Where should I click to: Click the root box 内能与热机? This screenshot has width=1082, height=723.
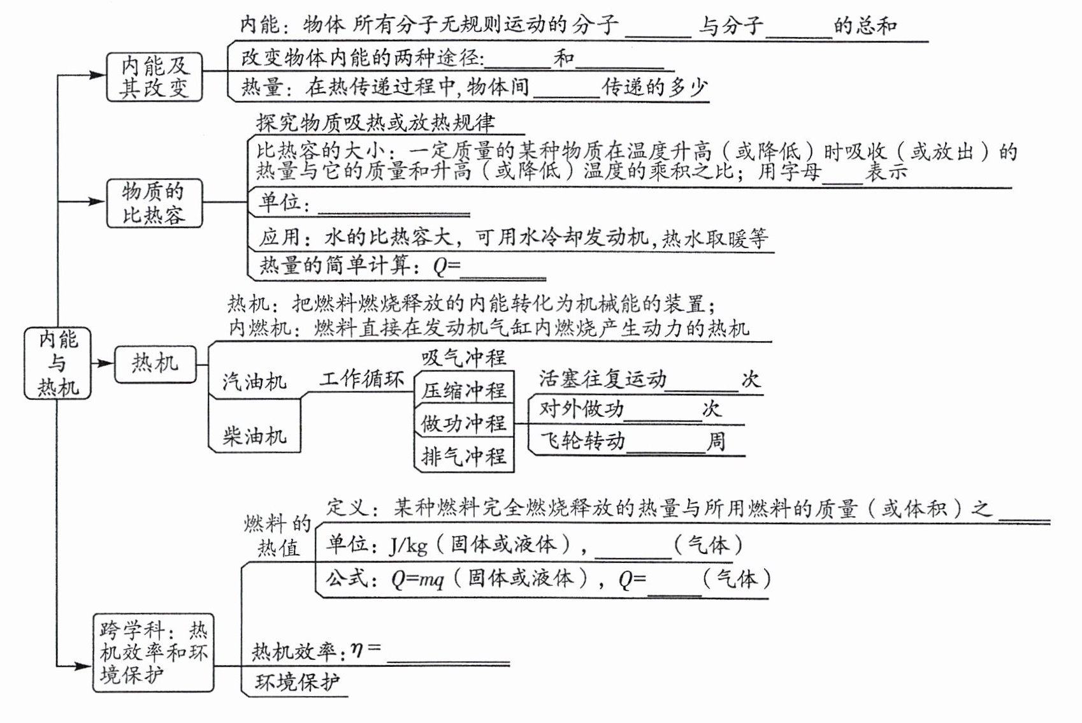pos(57,363)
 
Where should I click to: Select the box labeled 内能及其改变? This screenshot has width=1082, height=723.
pos(154,77)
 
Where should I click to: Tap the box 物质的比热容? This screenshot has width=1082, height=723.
pos(154,203)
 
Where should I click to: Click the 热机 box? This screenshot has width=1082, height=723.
pos(155,364)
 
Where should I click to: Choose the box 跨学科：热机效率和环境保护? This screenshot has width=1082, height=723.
pos(153,652)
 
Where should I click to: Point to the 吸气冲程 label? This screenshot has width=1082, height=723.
pos(463,358)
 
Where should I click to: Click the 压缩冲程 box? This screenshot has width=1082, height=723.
pos(463,390)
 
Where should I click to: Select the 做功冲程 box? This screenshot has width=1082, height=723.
pos(463,423)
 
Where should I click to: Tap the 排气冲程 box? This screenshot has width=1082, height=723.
pos(463,456)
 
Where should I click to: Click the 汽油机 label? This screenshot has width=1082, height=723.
pos(254,382)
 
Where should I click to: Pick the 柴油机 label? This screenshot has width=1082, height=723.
pos(254,437)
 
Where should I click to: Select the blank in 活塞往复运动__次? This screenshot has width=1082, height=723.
pos(702,382)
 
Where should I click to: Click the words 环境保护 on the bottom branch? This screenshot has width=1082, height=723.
pos(297,682)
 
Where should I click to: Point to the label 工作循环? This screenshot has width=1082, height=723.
pos(362,379)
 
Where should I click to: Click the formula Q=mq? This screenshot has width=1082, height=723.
pos(417,580)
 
